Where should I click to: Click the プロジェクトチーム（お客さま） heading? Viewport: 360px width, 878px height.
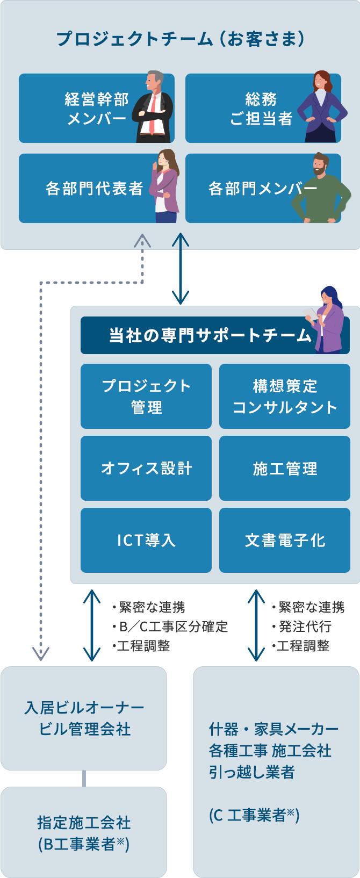tap(181, 39)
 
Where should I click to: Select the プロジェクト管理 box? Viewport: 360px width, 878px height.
tap(146, 397)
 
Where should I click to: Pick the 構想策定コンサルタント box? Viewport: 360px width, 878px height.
tap(285, 397)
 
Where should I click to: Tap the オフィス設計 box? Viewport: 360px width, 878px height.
tap(146, 469)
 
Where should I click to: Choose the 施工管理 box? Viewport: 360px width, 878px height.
tap(285, 469)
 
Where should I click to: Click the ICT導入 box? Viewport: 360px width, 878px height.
tap(146, 540)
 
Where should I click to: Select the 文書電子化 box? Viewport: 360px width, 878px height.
tap(285, 540)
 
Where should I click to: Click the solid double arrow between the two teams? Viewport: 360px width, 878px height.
tap(181, 269)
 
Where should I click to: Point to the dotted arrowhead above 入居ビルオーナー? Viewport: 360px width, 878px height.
tap(41, 653)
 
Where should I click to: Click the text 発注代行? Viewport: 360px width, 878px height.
tap(305, 627)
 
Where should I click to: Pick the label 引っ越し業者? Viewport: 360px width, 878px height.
tap(252, 772)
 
